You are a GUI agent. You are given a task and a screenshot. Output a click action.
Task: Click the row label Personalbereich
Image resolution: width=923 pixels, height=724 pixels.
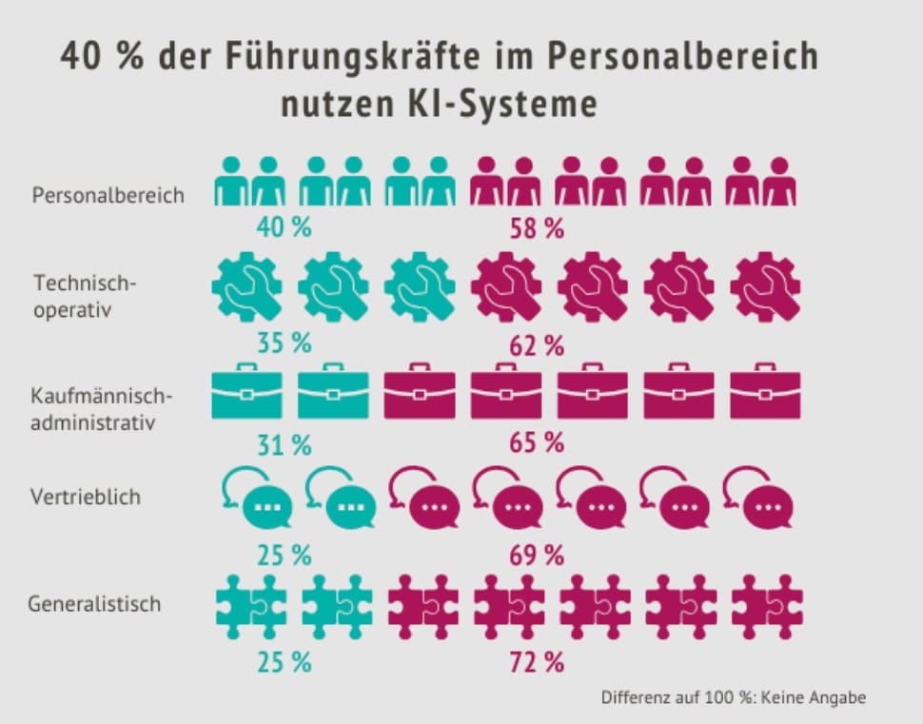click(108, 196)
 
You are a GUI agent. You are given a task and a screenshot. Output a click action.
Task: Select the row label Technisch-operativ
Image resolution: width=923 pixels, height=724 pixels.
click(86, 297)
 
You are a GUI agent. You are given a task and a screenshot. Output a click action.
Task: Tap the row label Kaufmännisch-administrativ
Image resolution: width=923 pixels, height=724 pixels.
click(104, 408)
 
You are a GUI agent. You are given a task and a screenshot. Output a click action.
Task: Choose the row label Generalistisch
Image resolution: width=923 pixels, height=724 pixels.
click(94, 603)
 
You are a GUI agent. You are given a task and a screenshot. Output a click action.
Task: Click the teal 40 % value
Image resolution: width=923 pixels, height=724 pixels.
click(284, 228)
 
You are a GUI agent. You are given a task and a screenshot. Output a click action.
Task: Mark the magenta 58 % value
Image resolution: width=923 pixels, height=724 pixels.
click(537, 228)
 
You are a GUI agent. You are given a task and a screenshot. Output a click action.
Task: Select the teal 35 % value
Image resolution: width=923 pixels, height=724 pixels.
click(284, 343)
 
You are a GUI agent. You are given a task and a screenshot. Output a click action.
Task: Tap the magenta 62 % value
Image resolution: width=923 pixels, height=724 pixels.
click(537, 346)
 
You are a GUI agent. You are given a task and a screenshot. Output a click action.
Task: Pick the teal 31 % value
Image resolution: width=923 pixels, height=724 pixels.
click(284, 443)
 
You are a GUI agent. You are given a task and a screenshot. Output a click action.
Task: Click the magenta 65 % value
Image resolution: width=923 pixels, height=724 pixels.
click(537, 443)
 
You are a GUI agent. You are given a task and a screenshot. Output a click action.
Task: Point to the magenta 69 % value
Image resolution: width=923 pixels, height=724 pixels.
click(537, 554)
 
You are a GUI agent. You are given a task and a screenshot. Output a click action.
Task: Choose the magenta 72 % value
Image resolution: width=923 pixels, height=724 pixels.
click(537, 661)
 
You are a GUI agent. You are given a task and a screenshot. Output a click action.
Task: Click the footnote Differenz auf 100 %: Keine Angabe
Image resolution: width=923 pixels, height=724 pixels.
click(733, 697)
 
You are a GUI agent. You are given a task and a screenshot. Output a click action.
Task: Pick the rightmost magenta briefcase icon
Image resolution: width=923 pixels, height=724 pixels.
click(765, 390)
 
